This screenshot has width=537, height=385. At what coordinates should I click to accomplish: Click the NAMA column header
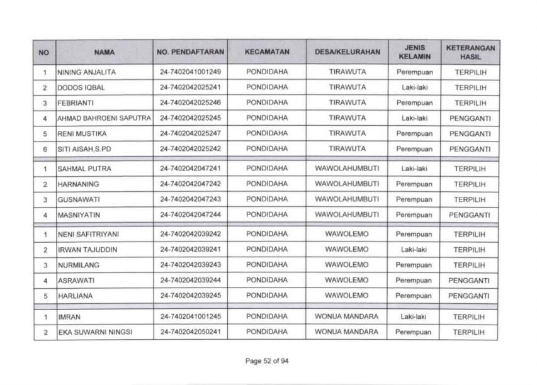coord(104,53)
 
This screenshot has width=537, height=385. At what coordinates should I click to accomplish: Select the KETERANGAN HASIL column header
coord(470,53)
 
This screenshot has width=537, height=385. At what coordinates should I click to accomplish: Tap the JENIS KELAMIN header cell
coord(414,53)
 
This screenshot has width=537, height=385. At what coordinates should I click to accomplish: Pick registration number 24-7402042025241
coord(189,87)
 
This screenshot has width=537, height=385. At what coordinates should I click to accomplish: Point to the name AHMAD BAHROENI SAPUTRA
coord(104,118)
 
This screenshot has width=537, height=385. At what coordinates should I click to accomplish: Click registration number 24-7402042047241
coord(189,169)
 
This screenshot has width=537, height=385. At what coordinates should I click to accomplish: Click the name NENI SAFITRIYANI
coord(88,235)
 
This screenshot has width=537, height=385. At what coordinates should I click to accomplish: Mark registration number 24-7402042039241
coord(189,250)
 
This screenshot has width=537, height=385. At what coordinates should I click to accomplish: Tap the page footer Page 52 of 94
coord(268,361)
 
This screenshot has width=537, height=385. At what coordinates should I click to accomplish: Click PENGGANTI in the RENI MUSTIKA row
coord(470,133)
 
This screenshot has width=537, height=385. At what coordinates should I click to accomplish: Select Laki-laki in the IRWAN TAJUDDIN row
coord(414,250)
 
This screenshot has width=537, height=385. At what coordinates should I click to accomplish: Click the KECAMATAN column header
coord(267,53)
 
